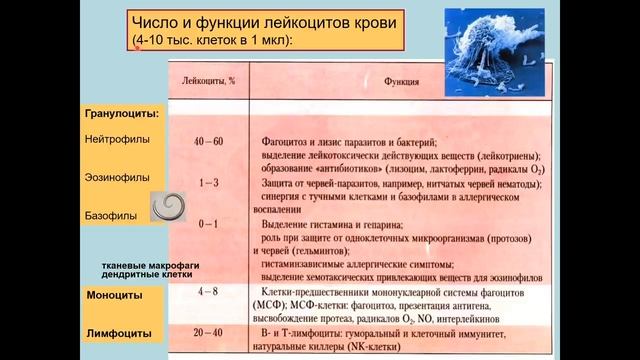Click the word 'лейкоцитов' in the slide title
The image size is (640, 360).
(x=282, y=23)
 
